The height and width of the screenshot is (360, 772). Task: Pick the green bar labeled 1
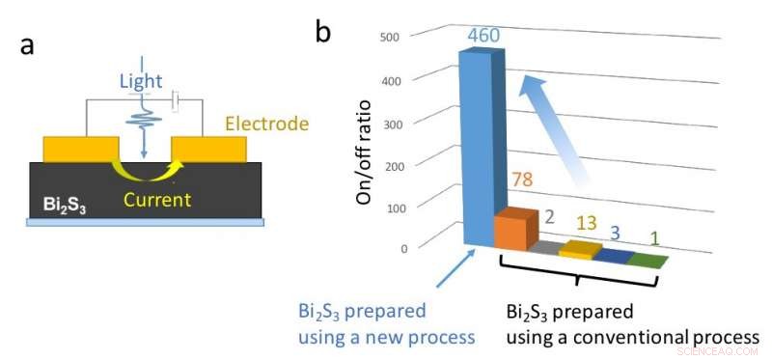(647, 260)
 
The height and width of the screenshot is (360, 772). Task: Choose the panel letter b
(323, 32)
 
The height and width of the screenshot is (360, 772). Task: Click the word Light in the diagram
(140, 82)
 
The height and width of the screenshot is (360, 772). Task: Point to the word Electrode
(266, 124)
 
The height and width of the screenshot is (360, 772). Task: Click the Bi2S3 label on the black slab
(62, 206)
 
